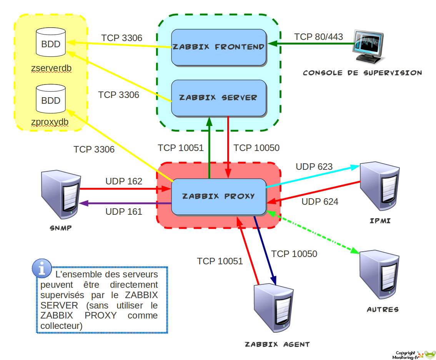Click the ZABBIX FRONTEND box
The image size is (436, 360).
tap(219, 47)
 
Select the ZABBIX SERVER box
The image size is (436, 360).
tap(219, 98)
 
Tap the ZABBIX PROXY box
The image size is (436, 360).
tap(219, 196)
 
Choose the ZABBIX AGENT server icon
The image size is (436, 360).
tap(274, 308)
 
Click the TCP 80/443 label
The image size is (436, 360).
tap(318, 37)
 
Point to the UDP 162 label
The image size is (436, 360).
tap(124, 181)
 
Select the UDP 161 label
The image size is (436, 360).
tap(124, 211)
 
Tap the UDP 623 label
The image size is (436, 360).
tap(314, 167)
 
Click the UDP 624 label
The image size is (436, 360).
tap(320, 202)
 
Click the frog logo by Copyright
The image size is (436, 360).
tap(429, 355)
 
